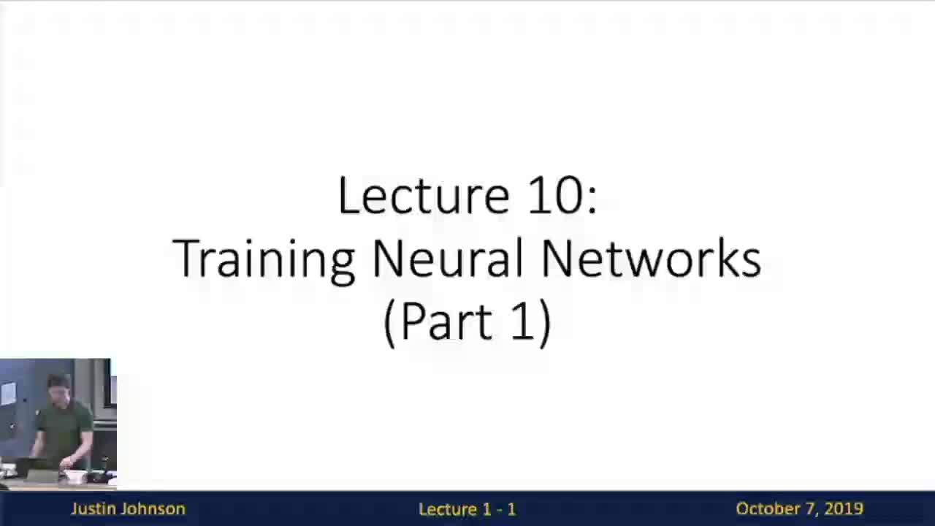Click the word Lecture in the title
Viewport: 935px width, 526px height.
(x=423, y=196)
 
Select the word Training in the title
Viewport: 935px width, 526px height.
(x=264, y=259)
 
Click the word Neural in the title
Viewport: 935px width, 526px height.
(x=448, y=259)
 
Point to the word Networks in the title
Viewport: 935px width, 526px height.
(x=651, y=259)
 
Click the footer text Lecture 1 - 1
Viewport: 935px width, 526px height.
(x=467, y=509)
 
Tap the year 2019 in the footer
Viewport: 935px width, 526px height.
(x=844, y=509)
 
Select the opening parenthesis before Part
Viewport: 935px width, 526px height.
(x=389, y=323)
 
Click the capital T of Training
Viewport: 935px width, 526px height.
(x=186, y=259)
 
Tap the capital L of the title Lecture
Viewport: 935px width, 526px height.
(x=346, y=196)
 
